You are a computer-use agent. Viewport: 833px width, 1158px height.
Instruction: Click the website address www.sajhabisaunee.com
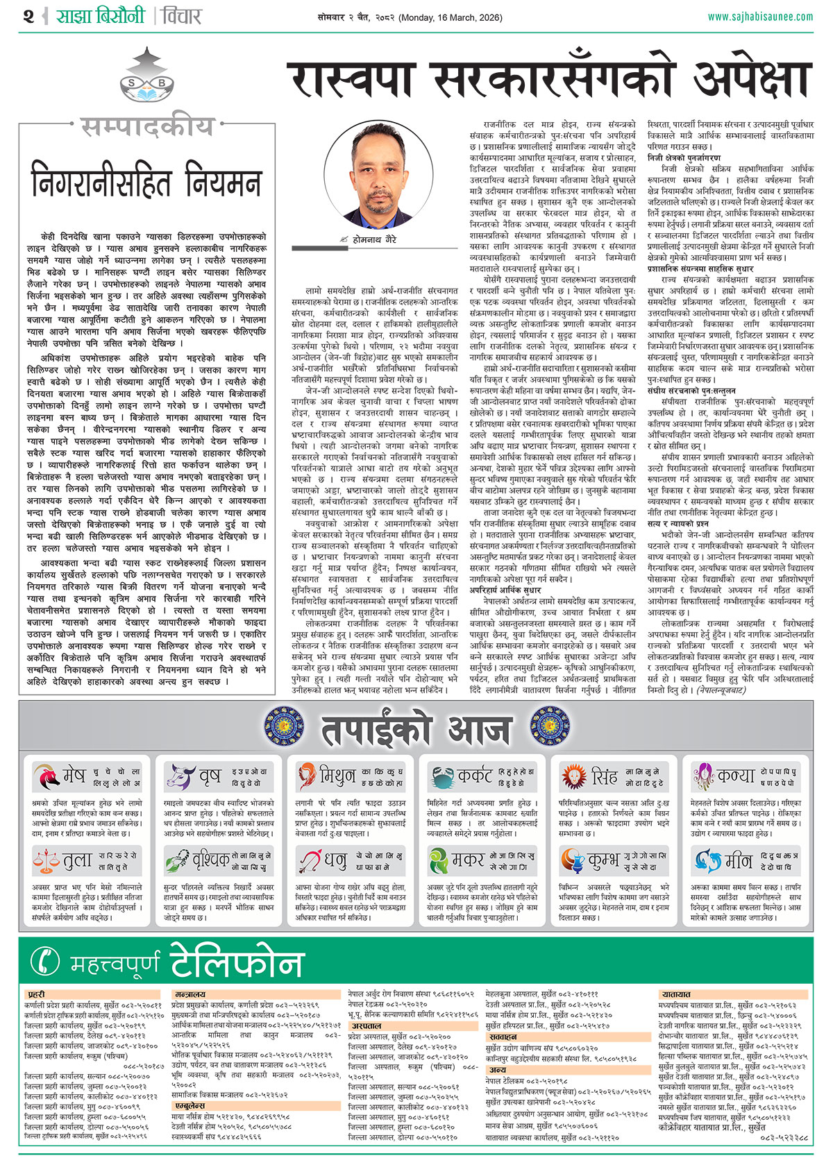760,17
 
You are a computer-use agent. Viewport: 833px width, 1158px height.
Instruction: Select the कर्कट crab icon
441,776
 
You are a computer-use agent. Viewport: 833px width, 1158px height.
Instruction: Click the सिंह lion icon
574,776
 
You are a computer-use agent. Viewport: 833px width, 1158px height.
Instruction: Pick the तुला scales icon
47,861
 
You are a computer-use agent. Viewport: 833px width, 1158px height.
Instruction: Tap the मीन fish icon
707,861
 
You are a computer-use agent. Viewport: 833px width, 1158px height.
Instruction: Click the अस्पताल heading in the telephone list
366,1025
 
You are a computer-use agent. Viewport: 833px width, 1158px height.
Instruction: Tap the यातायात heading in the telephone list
676,995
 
